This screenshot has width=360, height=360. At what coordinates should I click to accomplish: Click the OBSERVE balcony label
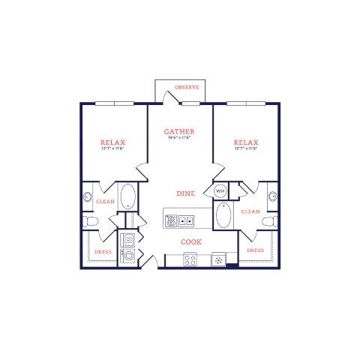point(187,88)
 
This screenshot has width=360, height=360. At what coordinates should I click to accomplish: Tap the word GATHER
point(179,131)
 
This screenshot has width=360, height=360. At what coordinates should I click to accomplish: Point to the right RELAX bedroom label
point(245,142)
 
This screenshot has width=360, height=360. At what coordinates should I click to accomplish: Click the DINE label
point(186,193)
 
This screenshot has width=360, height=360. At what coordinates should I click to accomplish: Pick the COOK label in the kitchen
point(190,241)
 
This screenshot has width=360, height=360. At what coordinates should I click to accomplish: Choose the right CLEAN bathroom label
point(250,211)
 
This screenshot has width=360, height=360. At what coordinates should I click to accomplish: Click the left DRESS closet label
point(103,251)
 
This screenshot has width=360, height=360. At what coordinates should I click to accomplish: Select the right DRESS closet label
point(255,250)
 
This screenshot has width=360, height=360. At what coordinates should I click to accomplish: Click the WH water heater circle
point(220,191)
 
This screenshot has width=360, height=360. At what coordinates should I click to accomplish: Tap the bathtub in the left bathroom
point(128,197)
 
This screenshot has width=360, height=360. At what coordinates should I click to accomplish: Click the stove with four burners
point(190,260)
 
